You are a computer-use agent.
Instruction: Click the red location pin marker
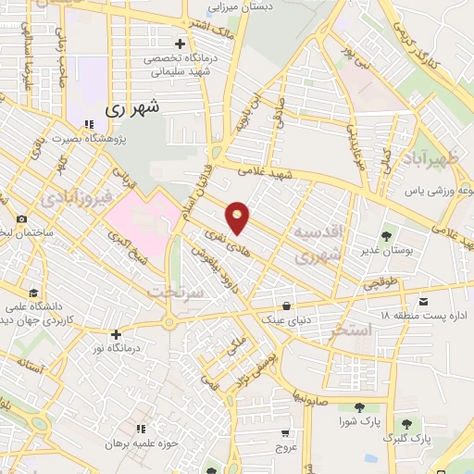point(239,218)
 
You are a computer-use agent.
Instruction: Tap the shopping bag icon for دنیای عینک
point(287,305)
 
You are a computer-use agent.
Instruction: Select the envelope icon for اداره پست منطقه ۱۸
point(424,302)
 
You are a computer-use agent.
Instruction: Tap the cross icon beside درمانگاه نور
point(116,334)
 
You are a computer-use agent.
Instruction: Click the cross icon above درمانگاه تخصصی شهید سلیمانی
point(180,44)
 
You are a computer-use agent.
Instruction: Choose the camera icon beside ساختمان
point(21,219)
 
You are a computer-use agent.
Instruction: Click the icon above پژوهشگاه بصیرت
point(89,124)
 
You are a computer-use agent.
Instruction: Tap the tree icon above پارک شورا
point(356,407)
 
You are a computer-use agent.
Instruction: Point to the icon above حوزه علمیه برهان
point(141,429)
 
